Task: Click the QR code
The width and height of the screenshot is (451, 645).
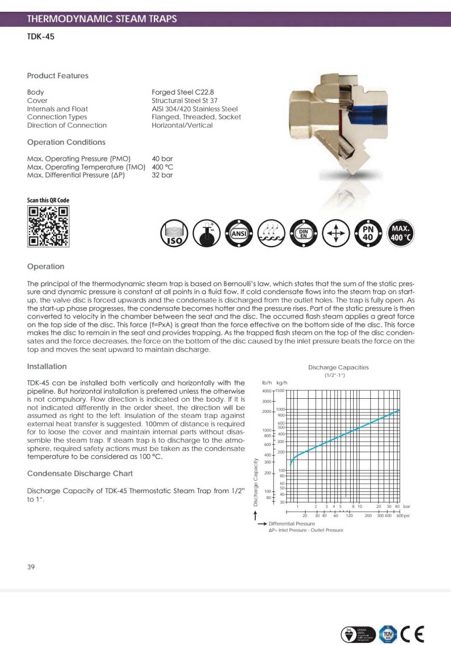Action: pos(48,226)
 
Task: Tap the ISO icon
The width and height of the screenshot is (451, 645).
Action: pos(174,233)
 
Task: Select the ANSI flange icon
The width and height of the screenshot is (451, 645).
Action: pos(239,233)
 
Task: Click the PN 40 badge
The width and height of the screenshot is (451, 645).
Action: pos(368,233)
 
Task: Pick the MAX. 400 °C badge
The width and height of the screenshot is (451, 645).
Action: pos(400,233)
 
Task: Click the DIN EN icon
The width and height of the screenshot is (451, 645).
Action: pos(303,233)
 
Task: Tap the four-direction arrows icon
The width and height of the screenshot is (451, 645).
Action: pos(336,233)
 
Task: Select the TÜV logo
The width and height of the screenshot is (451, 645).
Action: pos(388,634)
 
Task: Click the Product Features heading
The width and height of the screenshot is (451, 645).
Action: pos(58,76)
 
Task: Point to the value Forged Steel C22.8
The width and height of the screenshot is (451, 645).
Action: pos(183,92)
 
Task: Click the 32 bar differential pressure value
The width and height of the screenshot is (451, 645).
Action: pos(162,175)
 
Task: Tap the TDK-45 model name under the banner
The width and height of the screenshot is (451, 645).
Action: pos(40,37)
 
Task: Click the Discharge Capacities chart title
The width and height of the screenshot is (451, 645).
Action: pos(338,367)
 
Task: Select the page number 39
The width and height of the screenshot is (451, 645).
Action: pos(31,567)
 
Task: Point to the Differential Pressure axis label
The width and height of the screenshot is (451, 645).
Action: pos(292,524)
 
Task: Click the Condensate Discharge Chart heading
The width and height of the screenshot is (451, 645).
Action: pos(80,474)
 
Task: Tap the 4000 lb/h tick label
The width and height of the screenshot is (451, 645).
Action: pos(266,391)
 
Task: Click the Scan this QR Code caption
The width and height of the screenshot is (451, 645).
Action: pos(48,200)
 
